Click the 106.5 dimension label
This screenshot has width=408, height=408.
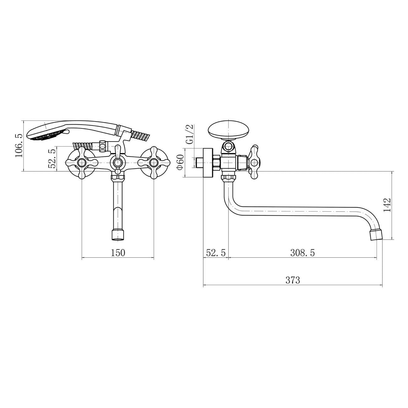pos(19,145)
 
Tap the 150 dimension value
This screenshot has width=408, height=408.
pos(118,253)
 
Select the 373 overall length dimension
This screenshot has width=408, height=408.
pos(293,280)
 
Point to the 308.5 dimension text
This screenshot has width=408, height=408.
pos(302,253)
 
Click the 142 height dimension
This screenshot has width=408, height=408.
pos(387,205)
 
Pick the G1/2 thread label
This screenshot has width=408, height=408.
pos(189,134)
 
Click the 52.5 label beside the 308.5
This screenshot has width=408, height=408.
pos(216,253)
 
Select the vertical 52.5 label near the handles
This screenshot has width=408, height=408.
pos(52,159)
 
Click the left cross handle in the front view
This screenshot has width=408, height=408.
pos(82,163)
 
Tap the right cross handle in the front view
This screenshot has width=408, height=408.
pos(154,163)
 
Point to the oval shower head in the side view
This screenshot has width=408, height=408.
pos(229,130)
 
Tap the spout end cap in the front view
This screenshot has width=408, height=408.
pos(118,236)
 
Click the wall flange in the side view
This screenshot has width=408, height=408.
pos(208,163)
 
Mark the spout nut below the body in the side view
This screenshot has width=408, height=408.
pos(228,179)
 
